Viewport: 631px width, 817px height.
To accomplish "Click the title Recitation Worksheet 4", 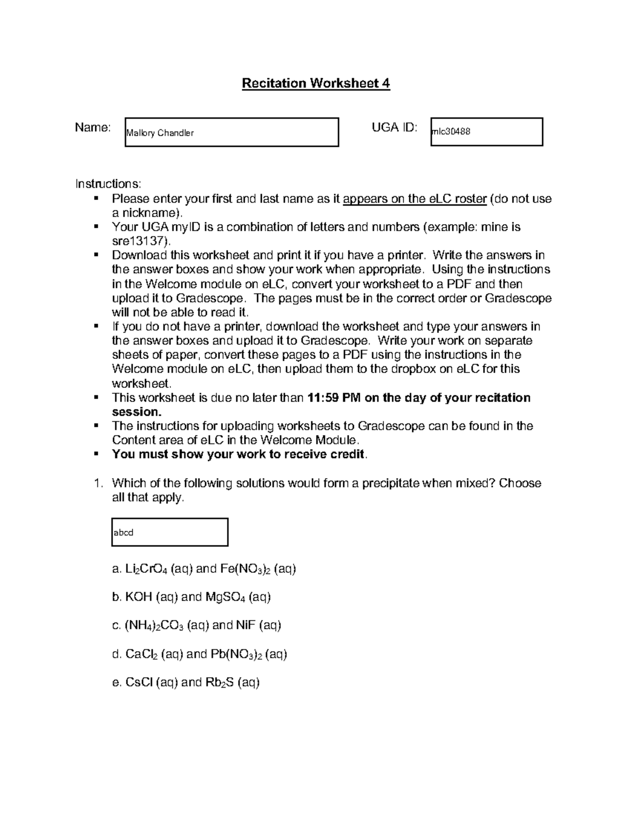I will [315, 83].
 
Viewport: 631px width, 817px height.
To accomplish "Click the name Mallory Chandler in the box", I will [160, 133].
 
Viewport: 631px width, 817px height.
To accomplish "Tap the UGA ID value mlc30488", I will [451, 132].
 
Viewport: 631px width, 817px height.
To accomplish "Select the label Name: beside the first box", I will [93, 127].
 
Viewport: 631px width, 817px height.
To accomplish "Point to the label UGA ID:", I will [394, 127].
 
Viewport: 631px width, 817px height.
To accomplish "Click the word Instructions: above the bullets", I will [108, 184].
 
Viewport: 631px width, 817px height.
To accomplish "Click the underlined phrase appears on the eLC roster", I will [414, 199].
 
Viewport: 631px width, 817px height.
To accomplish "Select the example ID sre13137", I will [140, 241].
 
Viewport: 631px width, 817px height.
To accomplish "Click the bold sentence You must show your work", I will [238, 455].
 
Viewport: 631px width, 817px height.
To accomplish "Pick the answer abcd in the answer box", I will [124, 532].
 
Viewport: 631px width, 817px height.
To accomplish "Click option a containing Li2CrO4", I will [204, 569].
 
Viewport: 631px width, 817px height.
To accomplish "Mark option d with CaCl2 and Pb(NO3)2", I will [200, 654].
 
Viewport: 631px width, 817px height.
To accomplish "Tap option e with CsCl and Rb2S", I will [186, 683].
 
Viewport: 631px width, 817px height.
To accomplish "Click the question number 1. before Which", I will [98, 483].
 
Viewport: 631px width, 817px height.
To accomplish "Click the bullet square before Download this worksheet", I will [96, 255].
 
